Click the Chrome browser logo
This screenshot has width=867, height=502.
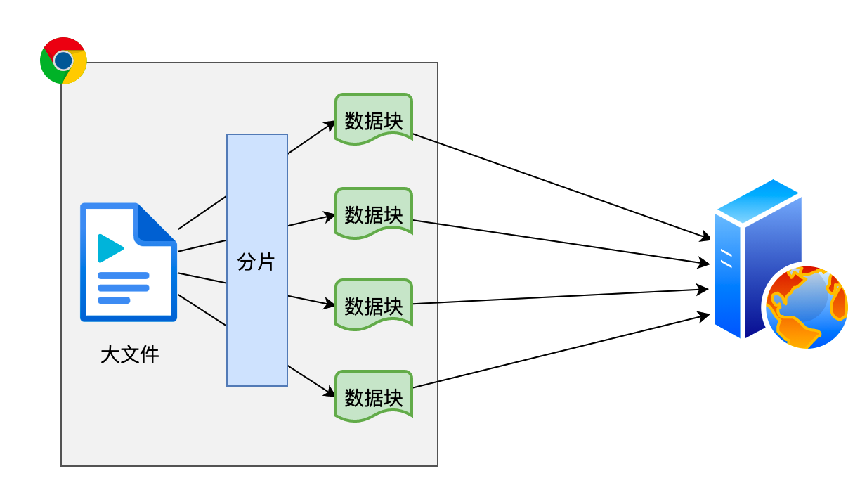pyautogui.click(x=63, y=60)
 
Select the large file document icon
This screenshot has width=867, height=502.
pyautogui.click(x=128, y=262)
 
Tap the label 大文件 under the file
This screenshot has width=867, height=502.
pyautogui.click(x=130, y=354)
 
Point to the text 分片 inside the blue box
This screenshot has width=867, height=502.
pyautogui.click(x=256, y=263)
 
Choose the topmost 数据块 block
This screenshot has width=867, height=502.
pyautogui.click(x=373, y=120)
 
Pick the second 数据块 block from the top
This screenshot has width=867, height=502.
pyautogui.click(x=373, y=214)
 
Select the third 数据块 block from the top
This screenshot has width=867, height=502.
pyautogui.click(x=373, y=305)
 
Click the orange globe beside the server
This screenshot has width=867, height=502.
pyautogui.click(x=807, y=307)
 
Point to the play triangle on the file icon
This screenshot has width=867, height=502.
pyautogui.click(x=110, y=247)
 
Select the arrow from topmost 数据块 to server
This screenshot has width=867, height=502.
pyautogui.click(x=562, y=186)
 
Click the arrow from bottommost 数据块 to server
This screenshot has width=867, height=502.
pyautogui.click(x=562, y=351)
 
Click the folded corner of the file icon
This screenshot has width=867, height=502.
pyautogui.click(x=157, y=224)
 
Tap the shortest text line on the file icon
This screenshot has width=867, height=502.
pyautogui.click(x=114, y=300)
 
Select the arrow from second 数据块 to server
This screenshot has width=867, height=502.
pyautogui.click(x=562, y=243)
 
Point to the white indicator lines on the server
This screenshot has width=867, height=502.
pyautogui.click(x=726, y=259)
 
